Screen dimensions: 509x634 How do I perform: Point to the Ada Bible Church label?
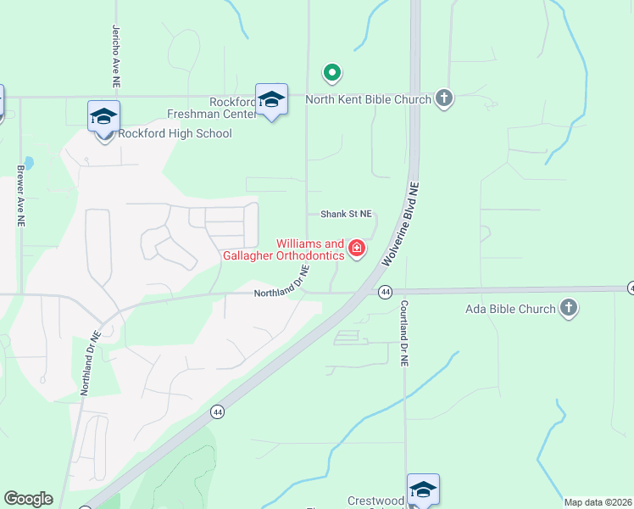coord(510,309)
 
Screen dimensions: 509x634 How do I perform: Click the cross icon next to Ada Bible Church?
coord(569,308)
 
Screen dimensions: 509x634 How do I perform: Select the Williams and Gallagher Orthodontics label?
coord(283,249)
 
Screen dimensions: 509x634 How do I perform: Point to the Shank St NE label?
coord(346,215)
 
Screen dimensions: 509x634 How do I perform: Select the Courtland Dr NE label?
coord(405,333)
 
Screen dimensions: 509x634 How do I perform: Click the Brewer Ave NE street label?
coord(20,194)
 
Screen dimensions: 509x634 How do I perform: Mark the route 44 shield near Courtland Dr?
coord(386,292)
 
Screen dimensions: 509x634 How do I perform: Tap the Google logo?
coord(28,499)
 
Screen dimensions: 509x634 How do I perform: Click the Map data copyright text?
coord(598,502)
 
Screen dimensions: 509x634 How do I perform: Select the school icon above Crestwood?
coord(423,490)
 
